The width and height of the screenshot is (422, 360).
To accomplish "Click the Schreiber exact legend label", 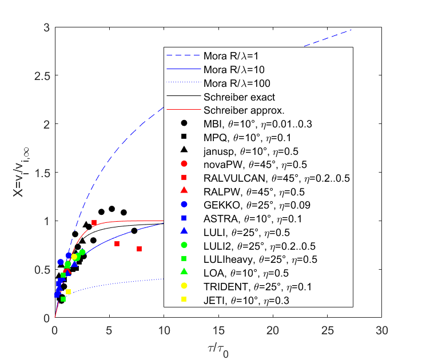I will click(239, 97).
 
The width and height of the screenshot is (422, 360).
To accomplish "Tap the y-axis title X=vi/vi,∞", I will click(21, 173).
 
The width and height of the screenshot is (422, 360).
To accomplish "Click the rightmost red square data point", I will click(139, 249).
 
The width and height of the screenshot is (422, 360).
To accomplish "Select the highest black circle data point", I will click(112, 209).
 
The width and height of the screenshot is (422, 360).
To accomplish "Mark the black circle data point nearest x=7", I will click(134, 231).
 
